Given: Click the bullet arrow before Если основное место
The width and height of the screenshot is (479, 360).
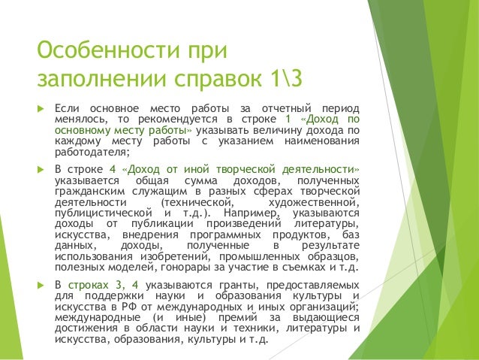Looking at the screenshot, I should (x=41, y=110).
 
